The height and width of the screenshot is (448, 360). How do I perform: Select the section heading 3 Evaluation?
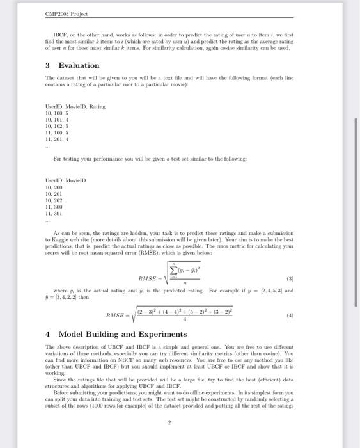(73, 65)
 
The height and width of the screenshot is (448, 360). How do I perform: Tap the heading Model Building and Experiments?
(123, 334)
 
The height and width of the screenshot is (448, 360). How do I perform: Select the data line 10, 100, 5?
(58, 112)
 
